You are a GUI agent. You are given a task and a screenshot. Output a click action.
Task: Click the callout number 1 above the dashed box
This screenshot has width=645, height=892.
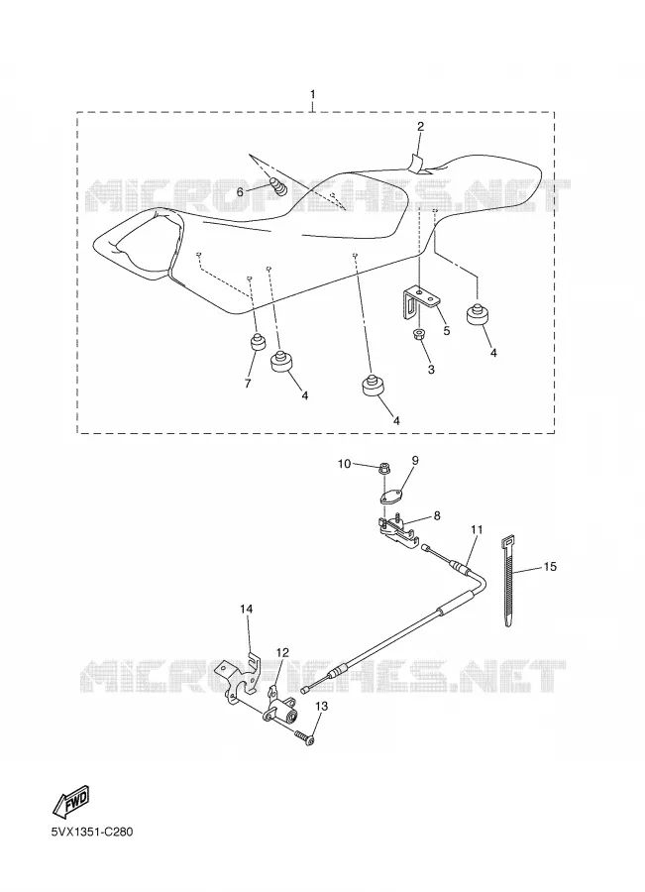point(312,94)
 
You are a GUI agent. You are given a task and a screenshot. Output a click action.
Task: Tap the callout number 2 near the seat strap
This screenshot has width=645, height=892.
point(420,126)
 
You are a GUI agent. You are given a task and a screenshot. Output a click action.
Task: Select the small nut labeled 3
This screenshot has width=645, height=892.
point(418,332)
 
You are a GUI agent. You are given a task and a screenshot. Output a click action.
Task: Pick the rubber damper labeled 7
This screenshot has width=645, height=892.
point(258,343)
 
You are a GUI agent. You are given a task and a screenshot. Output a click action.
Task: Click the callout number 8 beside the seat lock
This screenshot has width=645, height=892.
point(437,516)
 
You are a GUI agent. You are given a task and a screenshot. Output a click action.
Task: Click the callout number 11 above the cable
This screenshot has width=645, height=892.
point(477,529)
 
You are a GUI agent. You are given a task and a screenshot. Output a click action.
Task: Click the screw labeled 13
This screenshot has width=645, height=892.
point(304,737)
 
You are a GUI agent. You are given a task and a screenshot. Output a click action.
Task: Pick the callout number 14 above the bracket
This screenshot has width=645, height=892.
point(246,609)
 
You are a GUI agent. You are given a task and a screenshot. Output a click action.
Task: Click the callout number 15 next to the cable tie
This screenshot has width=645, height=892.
point(550,567)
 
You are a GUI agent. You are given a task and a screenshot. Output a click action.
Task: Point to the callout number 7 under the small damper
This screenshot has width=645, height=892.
point(248,384)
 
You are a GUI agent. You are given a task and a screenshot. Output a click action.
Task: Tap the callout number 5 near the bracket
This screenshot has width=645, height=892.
point(447,330)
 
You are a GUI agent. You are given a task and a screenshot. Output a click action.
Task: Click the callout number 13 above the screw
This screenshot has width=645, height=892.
point(321,706)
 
